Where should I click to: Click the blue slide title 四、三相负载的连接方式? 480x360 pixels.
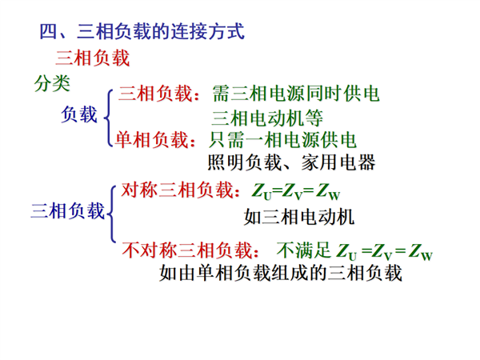pyautogui.click(x=142, y=31)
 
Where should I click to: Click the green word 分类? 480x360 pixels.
pyautogui.click(x=52, y=83)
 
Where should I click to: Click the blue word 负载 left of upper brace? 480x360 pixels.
pyautogui.click(x=79, y=114)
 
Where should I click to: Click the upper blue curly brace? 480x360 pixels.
pyautogui.click(x=108, y=118)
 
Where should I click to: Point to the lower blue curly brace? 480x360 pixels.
pyautogui.click(x=112, y=214)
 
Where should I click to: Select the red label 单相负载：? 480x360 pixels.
pyautogui.click(x=155, y=140)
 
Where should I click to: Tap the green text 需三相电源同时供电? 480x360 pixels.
pyautogui.click(x=296, y=94)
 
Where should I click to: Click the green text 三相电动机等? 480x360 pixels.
pyautogui.click(x=267, y=118)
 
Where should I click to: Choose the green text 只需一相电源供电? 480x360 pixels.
pyautogui.click(x=282, y=140)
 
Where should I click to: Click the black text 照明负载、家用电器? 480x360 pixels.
pyautogui.click(x=291, y=162)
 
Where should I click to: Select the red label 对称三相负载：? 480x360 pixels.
pyautogui.click(x=181, y=190)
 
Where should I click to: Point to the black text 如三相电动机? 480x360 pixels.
pyautogui.click(x=299, y=217)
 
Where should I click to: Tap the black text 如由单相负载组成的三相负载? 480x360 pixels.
pyautogui.click(x=281, y=273)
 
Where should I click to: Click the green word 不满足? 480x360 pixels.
pyautogui.click(x=304, y=250)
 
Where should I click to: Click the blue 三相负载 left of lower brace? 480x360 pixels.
pyautogui.click(x=68, y=211)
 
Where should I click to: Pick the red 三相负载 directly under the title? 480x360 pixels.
pyautogui.click(x=93, y=58)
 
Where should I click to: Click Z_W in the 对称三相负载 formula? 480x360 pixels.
pyautogui.click(x=328, y=192)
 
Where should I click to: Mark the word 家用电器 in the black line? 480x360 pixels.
pyautogui.click(x=338, y=162)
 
